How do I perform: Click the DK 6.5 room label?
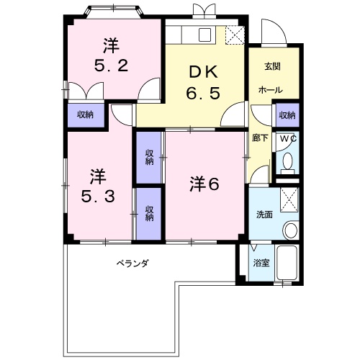[x=203, y=82]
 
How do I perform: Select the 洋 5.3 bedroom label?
[x=98, y=186]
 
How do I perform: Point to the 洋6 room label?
[x=204, y=184]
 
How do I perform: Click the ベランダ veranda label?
[x=132, y=264]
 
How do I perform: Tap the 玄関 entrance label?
[x=273, y=66]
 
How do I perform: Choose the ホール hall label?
[x=271, y=90]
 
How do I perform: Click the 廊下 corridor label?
[x=260, y=138]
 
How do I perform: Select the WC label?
[x=288, y=138]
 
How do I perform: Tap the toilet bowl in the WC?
[x=287, y=163]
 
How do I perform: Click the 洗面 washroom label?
[x=264, y=215]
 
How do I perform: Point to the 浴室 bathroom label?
[x=261, y=263]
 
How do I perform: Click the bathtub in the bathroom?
[x=287, y=263]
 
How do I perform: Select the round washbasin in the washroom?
[x=291, y=230]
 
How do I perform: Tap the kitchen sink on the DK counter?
[x=204, y=35]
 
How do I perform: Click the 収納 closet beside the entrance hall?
[x=287, y=115]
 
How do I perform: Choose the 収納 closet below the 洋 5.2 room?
[x=86, y=115]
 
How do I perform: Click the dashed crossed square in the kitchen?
[x=235, y=35]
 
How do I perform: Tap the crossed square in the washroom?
[x=289, y=200]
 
